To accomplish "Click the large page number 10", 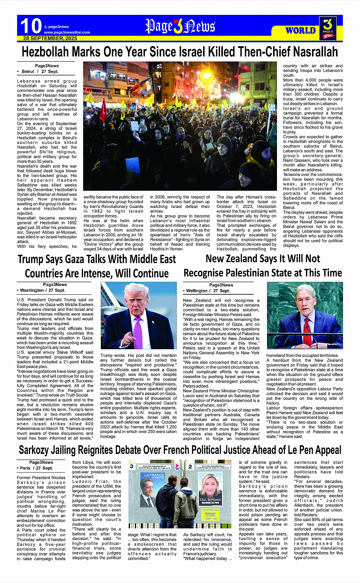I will coord(31,26).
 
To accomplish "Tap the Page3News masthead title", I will coord(180,26).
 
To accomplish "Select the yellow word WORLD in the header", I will coord(301,30).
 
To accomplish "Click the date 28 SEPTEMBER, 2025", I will coord(50,38).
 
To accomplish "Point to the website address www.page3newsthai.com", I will coord(67,32).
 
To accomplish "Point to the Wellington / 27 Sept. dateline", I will coord(208,291).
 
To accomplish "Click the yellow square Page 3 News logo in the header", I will coord(328,27).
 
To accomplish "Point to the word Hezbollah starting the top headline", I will coord(45,52).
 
